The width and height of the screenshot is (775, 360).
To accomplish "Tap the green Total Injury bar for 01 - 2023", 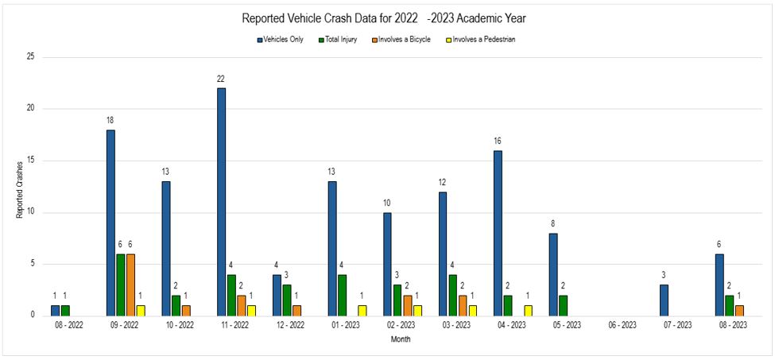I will click(343, 295).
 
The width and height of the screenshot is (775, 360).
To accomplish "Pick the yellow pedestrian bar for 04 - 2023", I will click(529, 310).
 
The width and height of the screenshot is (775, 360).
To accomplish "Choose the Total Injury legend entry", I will click(340, 39).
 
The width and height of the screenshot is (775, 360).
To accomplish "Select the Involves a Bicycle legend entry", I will click(405, 39).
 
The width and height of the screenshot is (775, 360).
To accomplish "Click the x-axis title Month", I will click(400, 339).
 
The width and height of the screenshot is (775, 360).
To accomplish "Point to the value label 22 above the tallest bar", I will click(221, 79).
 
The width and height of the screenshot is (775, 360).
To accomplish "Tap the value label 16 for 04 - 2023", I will click(498, 141).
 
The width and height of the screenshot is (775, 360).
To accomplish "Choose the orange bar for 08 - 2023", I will click(740, 310).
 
